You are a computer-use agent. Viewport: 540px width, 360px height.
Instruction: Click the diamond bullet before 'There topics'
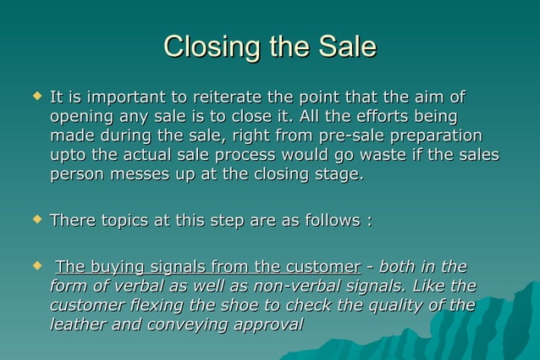[36, 219]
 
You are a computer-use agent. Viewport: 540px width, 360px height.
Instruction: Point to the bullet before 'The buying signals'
[36, 266]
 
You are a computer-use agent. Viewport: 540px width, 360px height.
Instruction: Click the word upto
[69, 155]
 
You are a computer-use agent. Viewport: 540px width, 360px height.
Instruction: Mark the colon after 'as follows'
[368, 220]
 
